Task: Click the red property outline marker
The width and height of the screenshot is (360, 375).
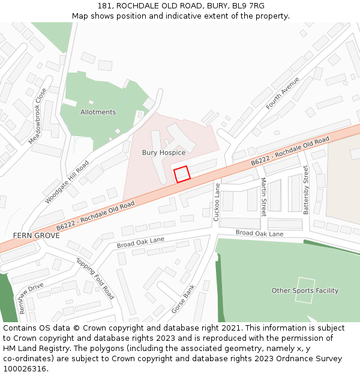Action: (x=182, y=173)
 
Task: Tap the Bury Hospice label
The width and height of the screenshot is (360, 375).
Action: (x=163, y=152)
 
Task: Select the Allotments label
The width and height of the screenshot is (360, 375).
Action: (x=98, y=112)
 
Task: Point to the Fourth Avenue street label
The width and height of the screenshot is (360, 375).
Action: (x=283, y=93)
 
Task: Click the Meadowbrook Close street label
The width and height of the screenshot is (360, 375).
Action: (x=37, y=116)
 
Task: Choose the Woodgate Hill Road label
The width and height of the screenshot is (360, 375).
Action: (x=67, y=182)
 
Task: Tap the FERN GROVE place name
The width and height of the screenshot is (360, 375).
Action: (x=36, y=236)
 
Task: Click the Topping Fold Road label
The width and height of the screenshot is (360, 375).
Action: (x=95, y=279)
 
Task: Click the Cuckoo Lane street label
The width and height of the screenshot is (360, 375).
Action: (x=217, y=202)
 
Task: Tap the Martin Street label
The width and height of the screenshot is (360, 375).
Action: (x=263, y=197)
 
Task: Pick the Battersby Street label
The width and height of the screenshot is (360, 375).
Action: (x=305, y=190)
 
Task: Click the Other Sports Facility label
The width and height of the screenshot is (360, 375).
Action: (x=305, y=290)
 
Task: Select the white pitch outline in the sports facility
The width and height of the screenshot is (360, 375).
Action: (x=304, y=291)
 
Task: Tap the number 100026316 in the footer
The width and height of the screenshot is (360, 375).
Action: (x=25, y=368)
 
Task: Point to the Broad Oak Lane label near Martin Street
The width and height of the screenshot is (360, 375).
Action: (x=259, y=233)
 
